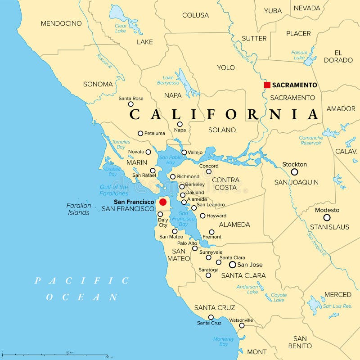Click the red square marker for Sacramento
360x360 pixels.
pyautogui.click(x=267, y=85)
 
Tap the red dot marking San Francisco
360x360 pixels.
pyautogui.click(x=163, y=202)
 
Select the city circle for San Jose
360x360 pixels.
pyautogui.click(x=233, y=265)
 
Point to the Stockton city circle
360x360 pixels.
pyautogui.click(x=294, y=172)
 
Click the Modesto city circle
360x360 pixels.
pyautogui.click(x=327, y=217)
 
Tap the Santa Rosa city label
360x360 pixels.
pyautogui.click(x=131, y=98)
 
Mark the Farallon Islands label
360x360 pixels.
pyautogui.click(x=79, y=209)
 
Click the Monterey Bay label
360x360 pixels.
pyautogui.click(x=224, y=342)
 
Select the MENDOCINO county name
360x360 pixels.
pyautogui.click(x=61, y=23)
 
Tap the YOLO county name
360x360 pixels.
pyautogui.click(x=226, y=67)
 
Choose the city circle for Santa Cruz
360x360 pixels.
pyautogui.click(x=211, y=317)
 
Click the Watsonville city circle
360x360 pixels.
pyautogui.click(x=242, y=325)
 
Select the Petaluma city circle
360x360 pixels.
pyautogui.click(x=140, y=133)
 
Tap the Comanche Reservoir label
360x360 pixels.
pyautogui.click(x=311, y=140)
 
